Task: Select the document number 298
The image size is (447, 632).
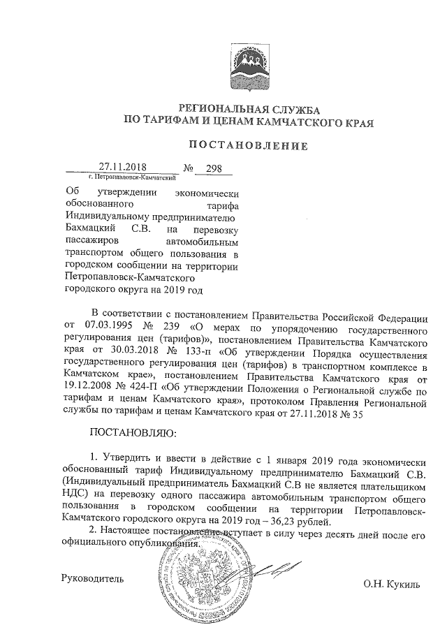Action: pos(205,168)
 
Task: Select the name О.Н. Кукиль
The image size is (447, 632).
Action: pos(392,584)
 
